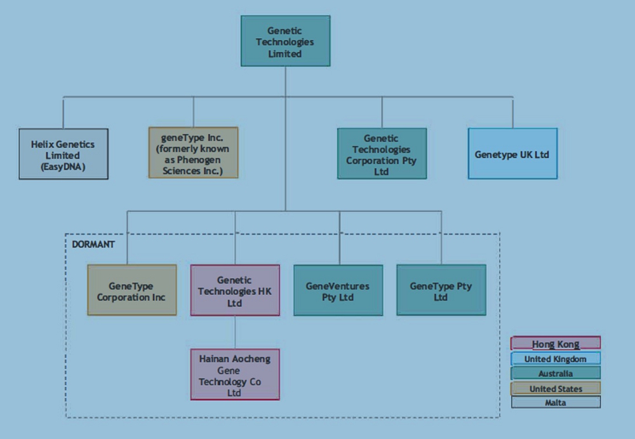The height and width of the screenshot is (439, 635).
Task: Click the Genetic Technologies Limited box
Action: pyautogui.click(x=285, y=42)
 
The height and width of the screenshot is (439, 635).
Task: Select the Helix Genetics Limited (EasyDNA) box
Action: pyautogui.click(x=63, y=154)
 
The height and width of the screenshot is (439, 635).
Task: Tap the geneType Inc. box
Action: pyautogui.click(x=193, y=152)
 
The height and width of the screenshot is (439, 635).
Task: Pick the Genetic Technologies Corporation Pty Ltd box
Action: pyautogui.click(x=382, y=154)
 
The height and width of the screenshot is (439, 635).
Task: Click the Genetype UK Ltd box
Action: pyautogui.click(x=512, y=154)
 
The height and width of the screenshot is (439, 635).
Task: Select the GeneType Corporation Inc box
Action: pyautogui.click(x=131, y=290)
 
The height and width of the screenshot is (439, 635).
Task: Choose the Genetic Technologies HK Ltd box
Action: pyautogui.click(x=235, y=290)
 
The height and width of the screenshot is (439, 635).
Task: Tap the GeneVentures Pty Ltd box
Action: pyautogui.click(x=338, y=290)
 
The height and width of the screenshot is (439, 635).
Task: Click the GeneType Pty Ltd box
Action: pyautogui.click(x=441, y=290)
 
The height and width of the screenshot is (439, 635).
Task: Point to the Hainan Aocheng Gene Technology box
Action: pyautogui.click(x=235, y=374)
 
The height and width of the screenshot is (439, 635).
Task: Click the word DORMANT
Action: pyautogui.click(x=93, y=244)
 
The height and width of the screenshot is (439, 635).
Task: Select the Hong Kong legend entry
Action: pyautogui.click(x=556, y=344)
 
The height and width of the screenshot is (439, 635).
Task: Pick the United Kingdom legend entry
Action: pyautogui.click(x=556, y=359)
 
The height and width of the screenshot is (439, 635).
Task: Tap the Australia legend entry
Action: pyautogui.click(x=556, y=374)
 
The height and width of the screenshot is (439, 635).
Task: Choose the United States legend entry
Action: pyautogui.click(x=556, y=388)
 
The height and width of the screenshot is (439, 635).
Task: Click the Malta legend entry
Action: pyautogui.click(x=556, y=403)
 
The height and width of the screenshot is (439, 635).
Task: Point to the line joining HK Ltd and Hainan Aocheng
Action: pyautogui.click(x=235, y=332)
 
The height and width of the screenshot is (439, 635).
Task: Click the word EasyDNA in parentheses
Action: pyautogui.click(x=63, y=166)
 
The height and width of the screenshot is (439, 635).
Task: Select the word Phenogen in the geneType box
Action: pyautogui.click(x=184, y=160)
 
